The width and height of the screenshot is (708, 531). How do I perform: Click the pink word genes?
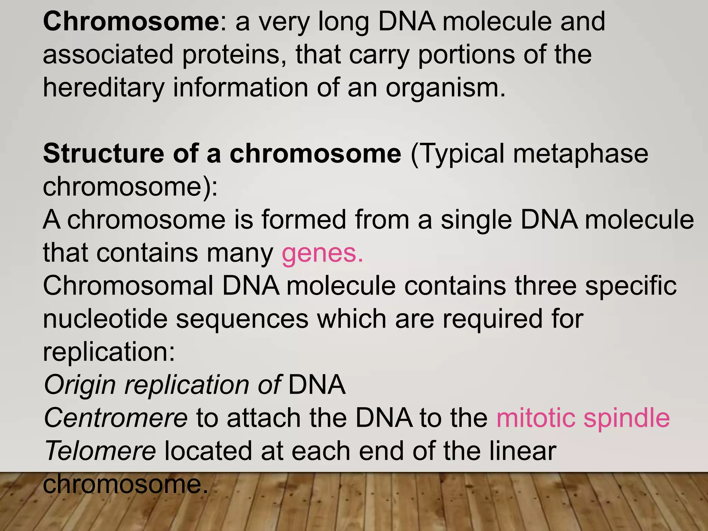[322, 253]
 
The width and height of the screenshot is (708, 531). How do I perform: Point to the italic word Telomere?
[100, 451]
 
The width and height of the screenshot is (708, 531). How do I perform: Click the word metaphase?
[580, 154]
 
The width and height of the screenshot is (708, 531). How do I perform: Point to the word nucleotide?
[105, 319]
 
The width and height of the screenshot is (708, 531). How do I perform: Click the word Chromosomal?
[128, 286]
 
